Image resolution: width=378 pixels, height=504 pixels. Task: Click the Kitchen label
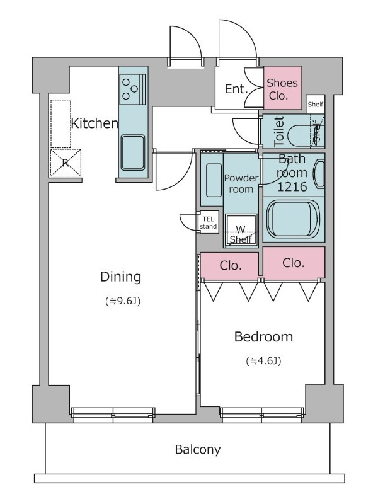pos(94,123)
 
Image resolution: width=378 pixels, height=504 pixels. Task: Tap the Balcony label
pos(198,449)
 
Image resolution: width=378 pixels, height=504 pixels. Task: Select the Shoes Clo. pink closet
pos(282,88)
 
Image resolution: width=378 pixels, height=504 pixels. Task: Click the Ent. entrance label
pos(236,89)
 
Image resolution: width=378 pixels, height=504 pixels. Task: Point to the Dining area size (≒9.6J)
pos(123,301)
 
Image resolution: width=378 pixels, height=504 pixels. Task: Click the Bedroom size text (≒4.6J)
pos(263,361)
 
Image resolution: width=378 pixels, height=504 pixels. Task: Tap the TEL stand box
pos(209,222)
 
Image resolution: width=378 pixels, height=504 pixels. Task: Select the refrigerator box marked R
pos(66,163)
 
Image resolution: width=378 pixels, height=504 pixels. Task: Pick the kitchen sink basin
pos(133,152)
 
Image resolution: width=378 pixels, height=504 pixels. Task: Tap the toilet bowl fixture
pos(301,135)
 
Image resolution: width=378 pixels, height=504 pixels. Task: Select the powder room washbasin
pos(214,180)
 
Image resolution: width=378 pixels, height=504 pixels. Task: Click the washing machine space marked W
pos(241,230)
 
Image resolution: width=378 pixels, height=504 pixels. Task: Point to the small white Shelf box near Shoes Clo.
pos(316,104)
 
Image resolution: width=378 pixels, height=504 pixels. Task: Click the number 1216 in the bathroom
pos(292,186)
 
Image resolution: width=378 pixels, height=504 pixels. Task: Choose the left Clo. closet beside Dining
pos(230,266)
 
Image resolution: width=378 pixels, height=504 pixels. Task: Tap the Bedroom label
pos(263,337)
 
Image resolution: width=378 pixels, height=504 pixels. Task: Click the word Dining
pos(120,277)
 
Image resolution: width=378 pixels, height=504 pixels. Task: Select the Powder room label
pos(241,183)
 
